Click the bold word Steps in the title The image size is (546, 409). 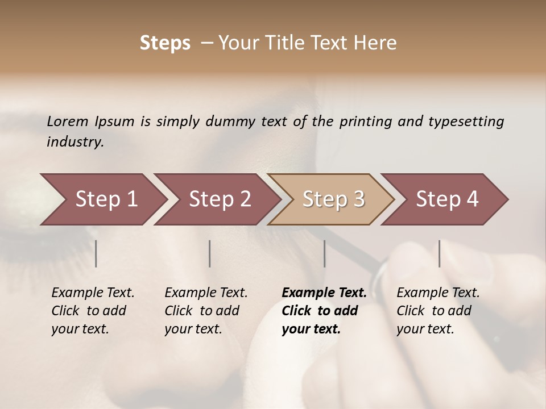point(165,43)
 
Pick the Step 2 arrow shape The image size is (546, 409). point(220,199)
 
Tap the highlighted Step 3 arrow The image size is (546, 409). point(333,199)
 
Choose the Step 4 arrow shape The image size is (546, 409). point(447,199)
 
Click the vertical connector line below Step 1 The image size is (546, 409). point(96,253)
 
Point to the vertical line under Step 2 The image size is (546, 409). point(210,253)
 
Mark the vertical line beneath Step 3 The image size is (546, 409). point(325,253)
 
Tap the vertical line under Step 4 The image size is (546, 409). point(440,253)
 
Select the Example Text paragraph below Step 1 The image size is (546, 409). point(93,311)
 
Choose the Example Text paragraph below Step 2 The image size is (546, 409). point(206,311)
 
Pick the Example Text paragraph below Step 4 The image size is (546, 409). point(438,311)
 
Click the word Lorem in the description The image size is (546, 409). point(68,122)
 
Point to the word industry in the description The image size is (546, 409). point(75,142)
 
